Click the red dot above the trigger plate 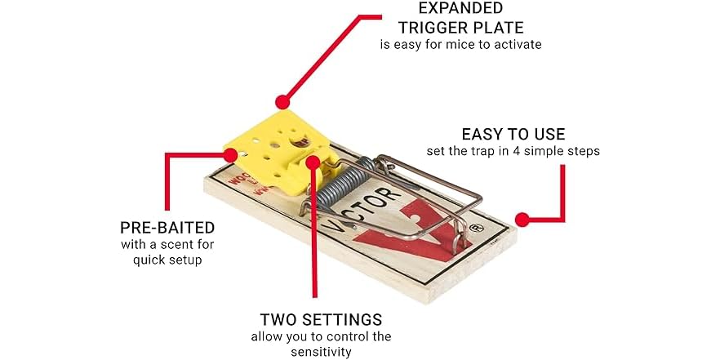click(282, 102)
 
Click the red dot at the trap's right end click(522, 219)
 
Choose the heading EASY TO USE click(513, 134)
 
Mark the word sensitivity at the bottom click(321, 352)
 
